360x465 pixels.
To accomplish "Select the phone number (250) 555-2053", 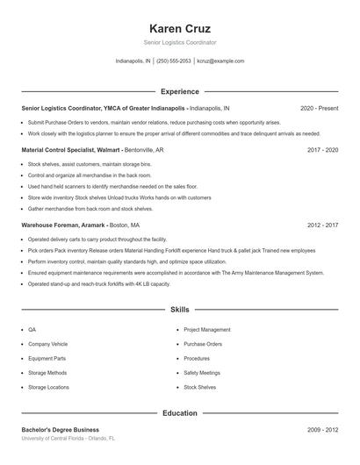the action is click(175, 61).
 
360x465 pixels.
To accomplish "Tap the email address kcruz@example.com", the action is click(220, 61).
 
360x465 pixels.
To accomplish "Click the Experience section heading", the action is click(180, 91).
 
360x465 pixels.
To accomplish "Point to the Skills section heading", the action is click(180, 310).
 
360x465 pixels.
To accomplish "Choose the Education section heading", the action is click(180, 412).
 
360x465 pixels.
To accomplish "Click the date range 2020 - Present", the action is click(319, 108).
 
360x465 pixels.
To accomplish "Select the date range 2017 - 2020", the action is click(322, 150).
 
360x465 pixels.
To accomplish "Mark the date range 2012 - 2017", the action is click(322, 225).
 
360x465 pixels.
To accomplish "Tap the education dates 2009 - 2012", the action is click(322, 430).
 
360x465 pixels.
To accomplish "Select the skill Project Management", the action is click(207, 330).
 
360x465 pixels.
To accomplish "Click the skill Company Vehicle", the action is click(47, 344).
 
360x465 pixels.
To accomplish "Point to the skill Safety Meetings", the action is click(201, 372).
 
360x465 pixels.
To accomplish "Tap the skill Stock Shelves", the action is click(199, 387).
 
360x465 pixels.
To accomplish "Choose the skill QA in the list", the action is click(32, 330).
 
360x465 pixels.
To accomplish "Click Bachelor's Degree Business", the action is click(60, 430).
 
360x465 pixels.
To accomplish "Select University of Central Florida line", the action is click(68, 438).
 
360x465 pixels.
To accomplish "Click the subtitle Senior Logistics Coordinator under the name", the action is click(180, 42).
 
